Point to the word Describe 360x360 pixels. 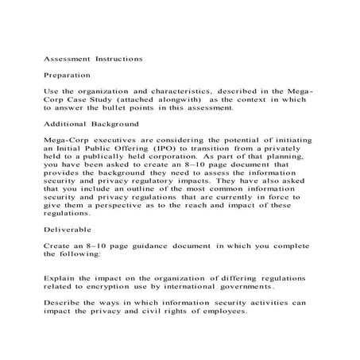click(63, 302)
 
